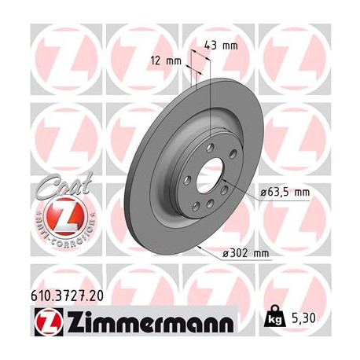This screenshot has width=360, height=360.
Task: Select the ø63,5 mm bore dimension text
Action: pos(285,192)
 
